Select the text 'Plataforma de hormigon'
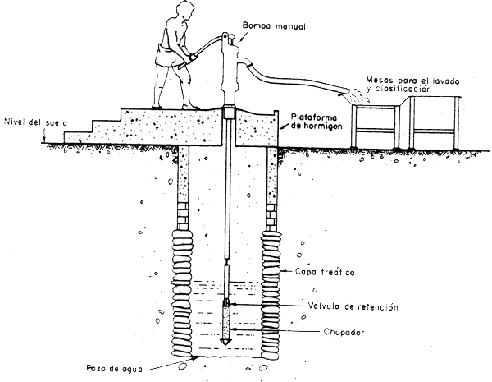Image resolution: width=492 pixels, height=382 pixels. point(315,122)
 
